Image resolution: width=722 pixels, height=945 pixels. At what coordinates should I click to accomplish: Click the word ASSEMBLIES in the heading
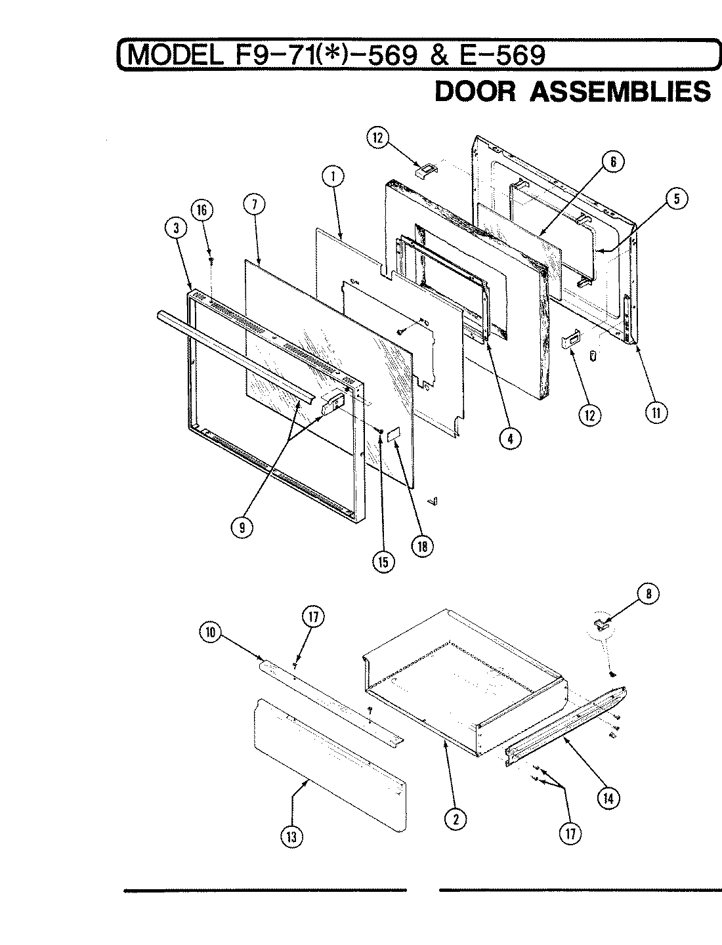coord(620,92)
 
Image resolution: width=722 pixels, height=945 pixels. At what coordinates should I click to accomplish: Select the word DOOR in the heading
coord(476,92)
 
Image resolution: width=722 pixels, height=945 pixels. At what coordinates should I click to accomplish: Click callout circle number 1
coord(333,176)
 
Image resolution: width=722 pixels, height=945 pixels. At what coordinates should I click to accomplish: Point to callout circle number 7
coord(254,204)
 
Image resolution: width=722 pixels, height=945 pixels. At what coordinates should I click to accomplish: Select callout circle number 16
coord(202,211)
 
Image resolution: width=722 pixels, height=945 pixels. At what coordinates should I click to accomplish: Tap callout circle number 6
coord(612,161)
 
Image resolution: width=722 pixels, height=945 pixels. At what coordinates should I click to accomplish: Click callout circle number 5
coord(675,199)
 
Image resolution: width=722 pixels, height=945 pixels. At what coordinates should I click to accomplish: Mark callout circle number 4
coord(510,438)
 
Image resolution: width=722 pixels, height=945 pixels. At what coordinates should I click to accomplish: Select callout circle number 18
coord(419,547)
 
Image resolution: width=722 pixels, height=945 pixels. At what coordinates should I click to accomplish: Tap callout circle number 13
coord(291,837)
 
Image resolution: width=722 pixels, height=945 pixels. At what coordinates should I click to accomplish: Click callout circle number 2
coord(455,818)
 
